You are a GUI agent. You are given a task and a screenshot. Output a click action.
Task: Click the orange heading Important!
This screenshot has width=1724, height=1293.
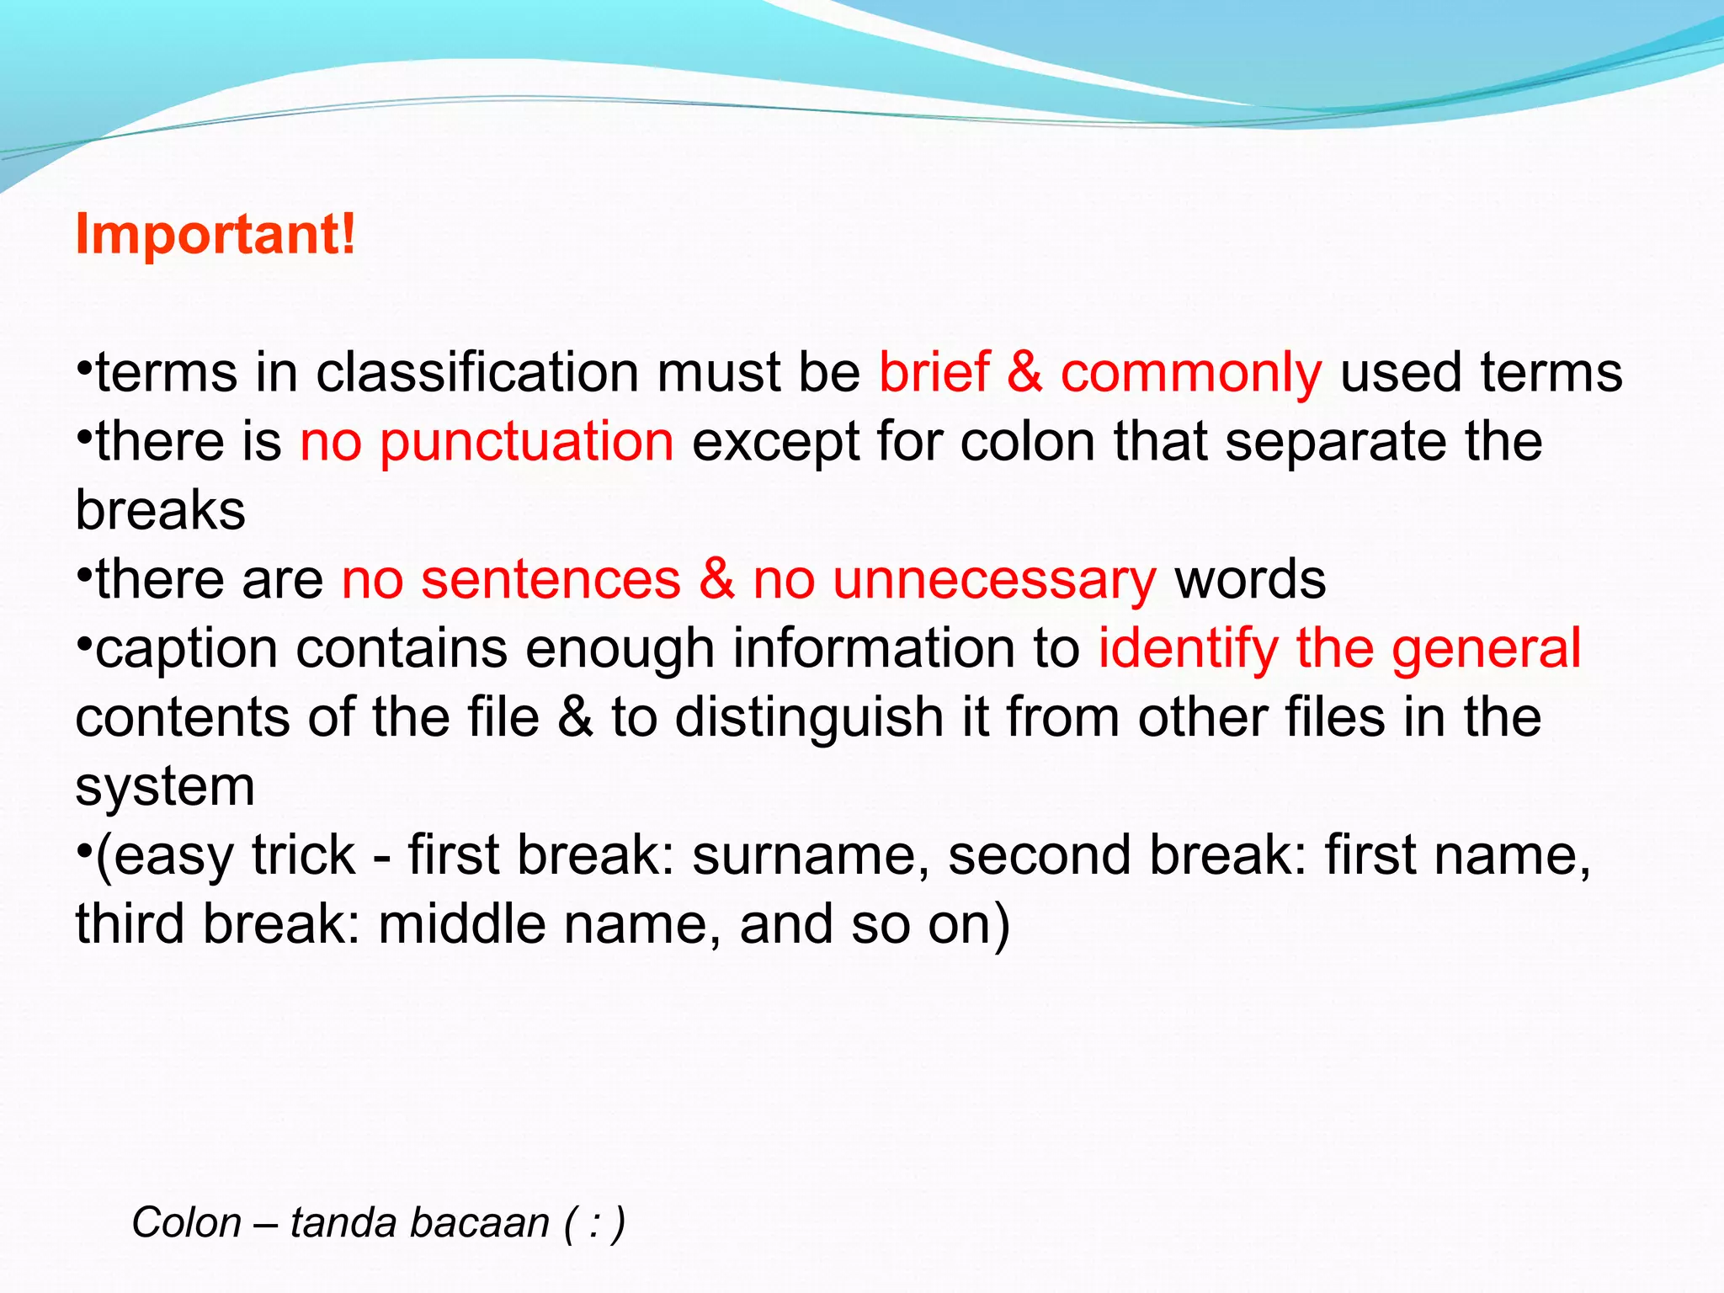tap(215, 233)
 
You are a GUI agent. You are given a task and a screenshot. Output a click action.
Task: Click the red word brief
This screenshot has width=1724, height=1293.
tap(934, 373)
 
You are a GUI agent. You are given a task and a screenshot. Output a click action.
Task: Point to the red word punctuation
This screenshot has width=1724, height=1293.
tap(526, 444)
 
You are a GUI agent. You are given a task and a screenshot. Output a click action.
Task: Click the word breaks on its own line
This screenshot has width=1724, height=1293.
tap(160, 511)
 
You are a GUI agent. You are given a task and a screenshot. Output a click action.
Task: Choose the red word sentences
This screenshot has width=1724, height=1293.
tap(551, 581)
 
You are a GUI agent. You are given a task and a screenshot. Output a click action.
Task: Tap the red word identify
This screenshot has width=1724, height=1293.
tap(1188, 651)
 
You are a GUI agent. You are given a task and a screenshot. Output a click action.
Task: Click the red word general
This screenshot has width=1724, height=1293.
tap(1486, 651)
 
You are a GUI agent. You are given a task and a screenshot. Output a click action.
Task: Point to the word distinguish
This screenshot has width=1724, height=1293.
tap(808, 718)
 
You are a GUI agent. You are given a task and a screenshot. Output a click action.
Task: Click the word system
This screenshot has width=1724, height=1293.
tap(165, 789)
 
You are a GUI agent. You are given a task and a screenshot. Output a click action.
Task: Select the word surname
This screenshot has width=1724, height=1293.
tap(811, 856)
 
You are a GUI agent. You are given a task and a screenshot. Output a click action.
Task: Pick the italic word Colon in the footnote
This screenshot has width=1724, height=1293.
tap(187, 1222)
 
